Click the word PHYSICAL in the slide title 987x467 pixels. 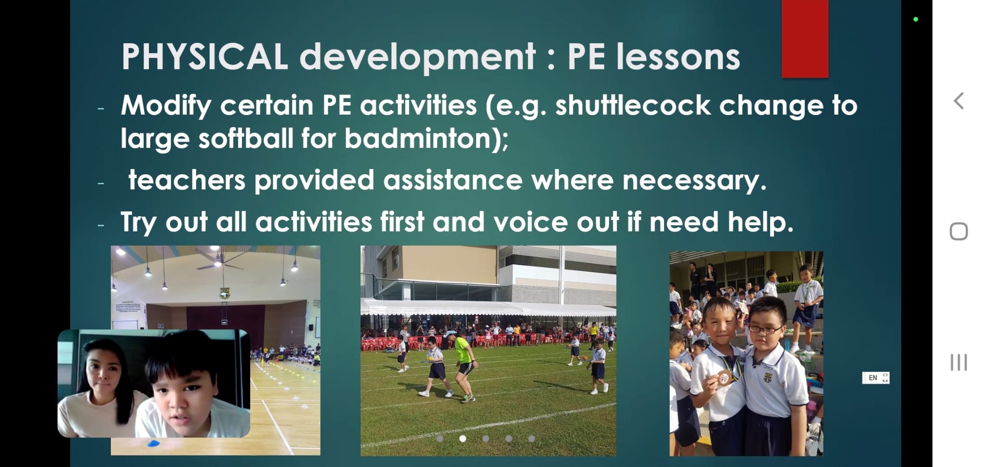pos(205,57)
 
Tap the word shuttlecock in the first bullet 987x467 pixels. pos(633,105)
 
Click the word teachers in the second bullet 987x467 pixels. pos(187,180)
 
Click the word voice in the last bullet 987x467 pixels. pos(530,222)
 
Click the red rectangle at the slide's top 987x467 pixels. pos(805,39)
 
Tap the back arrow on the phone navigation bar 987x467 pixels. pos(959,101)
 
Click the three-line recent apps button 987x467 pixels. pos(959,363)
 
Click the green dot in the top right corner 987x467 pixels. pos(916,19)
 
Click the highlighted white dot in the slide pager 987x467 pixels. pos(463,439)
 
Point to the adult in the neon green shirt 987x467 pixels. pos(462,364)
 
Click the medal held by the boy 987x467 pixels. pos(724,378)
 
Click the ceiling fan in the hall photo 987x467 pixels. pos(218,261)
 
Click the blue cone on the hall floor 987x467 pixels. pos(153,443)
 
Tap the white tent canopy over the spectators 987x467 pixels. pos(488,306)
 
